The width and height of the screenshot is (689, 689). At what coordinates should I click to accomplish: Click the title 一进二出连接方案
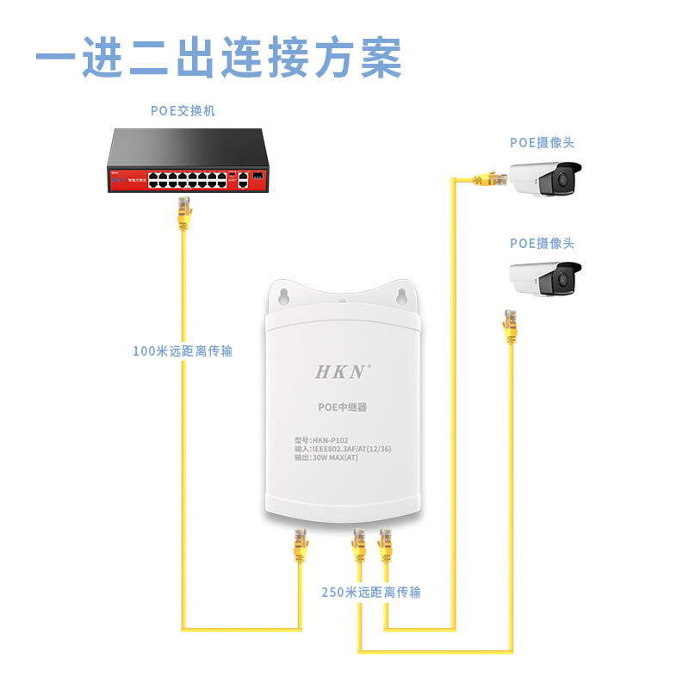point(219,57)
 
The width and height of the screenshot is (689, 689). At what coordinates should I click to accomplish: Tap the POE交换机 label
point(183,111)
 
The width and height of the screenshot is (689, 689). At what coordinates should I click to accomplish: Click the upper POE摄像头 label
point(542,142)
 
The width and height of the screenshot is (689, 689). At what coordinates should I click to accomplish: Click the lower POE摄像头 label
point(542,244)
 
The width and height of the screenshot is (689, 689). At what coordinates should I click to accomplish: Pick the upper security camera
point(543,178)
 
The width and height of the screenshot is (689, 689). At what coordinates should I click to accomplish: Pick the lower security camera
point(544,277)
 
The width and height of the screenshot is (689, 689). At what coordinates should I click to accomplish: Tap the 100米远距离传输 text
point(183,351)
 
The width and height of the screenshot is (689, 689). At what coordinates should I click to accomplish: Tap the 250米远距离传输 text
point(371,593)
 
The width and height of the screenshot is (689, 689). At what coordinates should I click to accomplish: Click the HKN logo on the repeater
point(341,372)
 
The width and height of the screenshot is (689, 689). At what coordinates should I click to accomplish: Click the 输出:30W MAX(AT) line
point(326,457)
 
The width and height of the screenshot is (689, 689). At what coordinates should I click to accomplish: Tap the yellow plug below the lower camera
point(511,325)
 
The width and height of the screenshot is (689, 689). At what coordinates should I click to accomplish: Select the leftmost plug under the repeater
point(301,544)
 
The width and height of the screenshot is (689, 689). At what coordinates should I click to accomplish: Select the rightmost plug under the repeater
point(384,544)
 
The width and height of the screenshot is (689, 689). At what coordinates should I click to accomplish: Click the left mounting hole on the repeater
point(282,295)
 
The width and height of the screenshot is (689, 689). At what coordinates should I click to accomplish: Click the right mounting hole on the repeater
point(400,295)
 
